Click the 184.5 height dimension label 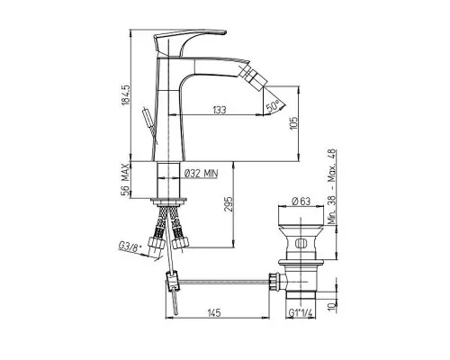click(125, 94)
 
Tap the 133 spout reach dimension click(220, 110)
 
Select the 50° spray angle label click(273, 106)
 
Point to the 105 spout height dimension click(294, 123)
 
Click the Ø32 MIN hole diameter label click(201, 174)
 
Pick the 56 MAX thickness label click(126, 179)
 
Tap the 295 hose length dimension click(229, 204)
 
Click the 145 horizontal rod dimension click(214, 312)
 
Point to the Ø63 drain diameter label click(301, 201)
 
